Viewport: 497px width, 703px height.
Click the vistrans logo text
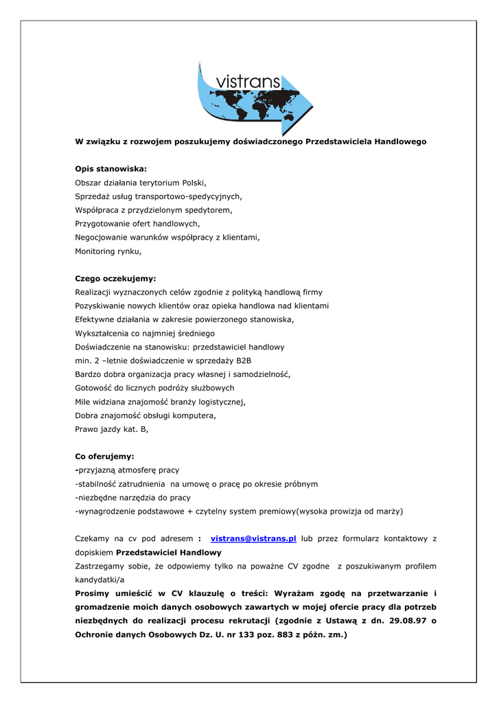pyautogui.click(x=248, y=83)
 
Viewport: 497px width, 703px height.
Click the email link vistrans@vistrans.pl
pyautogui.click(x=253, y=539)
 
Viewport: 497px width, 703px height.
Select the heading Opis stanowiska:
pyautogui.click(x=111, y=169)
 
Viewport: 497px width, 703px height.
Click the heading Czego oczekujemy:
pyautogui.click(x=115, y=279)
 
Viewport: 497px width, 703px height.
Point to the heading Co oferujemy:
pyautogui.click(x=104, y=457)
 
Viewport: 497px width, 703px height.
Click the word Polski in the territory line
pyautogui.click(x=193, y=183)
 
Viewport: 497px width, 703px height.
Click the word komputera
pyautogui.click(x=195, y=416)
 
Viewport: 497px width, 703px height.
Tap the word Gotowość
pyautogui.click(x=95, y=389)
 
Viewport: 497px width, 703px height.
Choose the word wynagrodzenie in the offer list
pyautogui.click(x=109, y=511)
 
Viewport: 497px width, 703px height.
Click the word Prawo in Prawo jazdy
pyautogui.click(x=87, y=430)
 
